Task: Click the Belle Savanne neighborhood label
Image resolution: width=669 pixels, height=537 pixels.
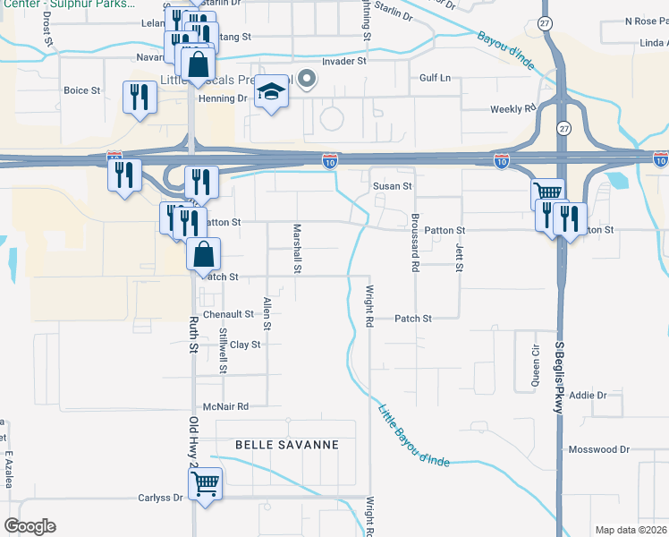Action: click(287, 445)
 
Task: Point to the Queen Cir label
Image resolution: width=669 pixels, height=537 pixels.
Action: click(536, 364)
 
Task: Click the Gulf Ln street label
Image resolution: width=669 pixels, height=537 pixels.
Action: click(436, 79)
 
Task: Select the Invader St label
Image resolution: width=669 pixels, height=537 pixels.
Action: click(344, 62)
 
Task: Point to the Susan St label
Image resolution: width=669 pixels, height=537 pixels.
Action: click(392, 186)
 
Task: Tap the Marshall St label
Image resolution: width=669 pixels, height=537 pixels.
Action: click(298, 249)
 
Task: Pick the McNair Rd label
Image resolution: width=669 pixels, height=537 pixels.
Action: click(224, 405)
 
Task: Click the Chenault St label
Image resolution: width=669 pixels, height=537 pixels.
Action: click(229, 315)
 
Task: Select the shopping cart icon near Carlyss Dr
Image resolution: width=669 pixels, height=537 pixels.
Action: click(206, 484)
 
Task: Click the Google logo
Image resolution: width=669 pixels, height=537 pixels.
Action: click(29, 526)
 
